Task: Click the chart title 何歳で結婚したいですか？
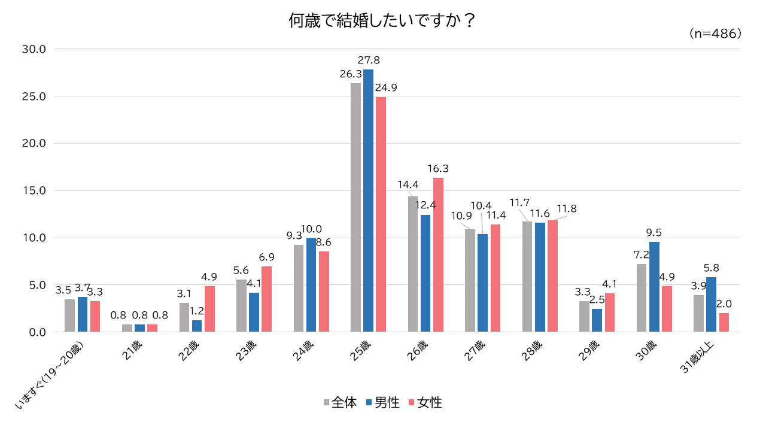pyautogui.click(x=382, y=21)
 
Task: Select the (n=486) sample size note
pyautogui.click(x=715, y=34)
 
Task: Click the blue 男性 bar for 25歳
pyautogui.click(x=368, y=201)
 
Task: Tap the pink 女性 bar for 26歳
pyautogui.click(x=438, y=254)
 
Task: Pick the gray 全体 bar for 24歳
pyautogui.click(x=299, y=288)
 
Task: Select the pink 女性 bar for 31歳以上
pyautogui.click(x=724, y=322)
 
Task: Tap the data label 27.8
pyautogui.click(x=369, y=60)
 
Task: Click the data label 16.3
pyautogui.click(x=438, y=169)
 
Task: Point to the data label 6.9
pyautogui.click(x=266, y=257)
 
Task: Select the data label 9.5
pyautogui.click(x=653, y=233)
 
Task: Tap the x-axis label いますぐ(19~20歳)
pyautogui.click(x=51, y=376)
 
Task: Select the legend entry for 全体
pyautogui.click(x=340, y=403)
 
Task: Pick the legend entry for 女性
pyautogui.click(x=425, y=403)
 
